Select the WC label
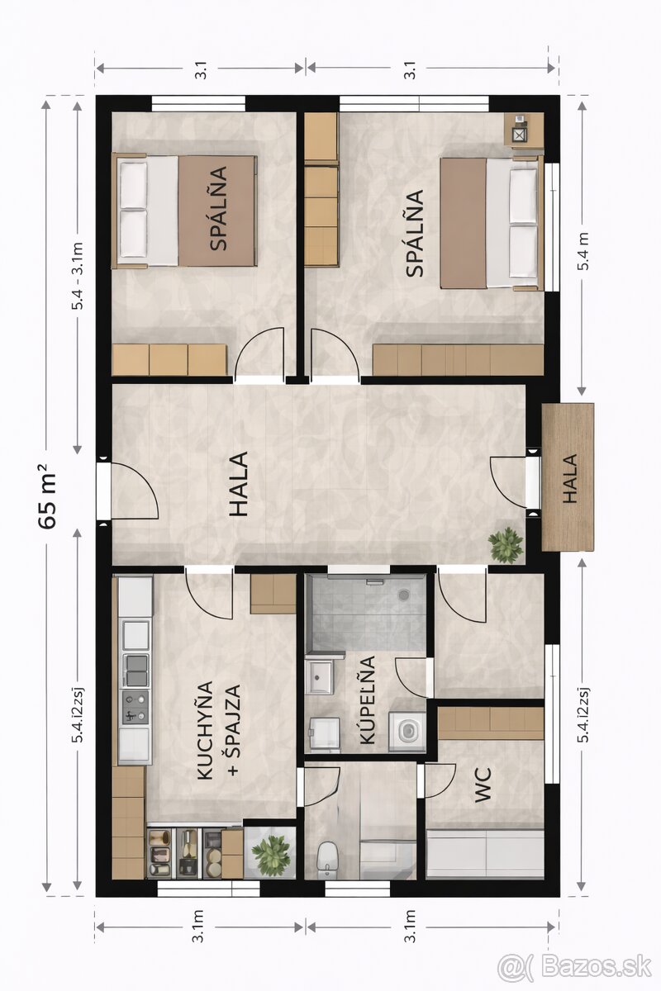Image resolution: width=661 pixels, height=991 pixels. click(483, 785)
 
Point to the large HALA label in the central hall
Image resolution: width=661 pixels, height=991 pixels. click(239, 484)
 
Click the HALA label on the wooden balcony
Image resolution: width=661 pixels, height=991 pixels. click(570, 478)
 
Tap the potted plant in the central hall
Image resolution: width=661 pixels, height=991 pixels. click(506, 545)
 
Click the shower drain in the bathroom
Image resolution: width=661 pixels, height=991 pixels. click(403, 595)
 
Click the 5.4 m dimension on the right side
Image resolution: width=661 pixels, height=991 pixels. click(583, 251)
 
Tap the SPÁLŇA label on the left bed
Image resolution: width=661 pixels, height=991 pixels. click(218, 208)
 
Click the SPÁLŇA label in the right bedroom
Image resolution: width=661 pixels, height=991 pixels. click(415, 233)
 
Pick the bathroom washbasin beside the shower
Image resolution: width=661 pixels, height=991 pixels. click(319, 677)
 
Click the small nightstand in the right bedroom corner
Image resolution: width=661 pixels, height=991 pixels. click(524, 129)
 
